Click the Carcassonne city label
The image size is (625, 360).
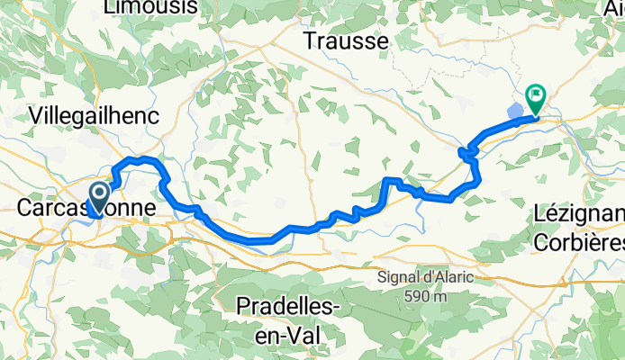(x=86, y=208)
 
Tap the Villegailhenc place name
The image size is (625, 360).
(x=95, y=115)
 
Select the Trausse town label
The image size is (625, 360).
(x=346, y=41)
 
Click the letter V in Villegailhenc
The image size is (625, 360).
(x=36, y=115)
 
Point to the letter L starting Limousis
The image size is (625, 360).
(x=110, y=7)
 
